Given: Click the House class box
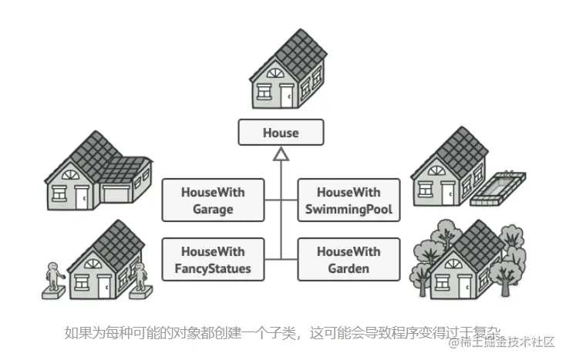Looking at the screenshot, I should (x=280, y=133).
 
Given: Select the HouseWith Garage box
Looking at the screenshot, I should (x=213, y=200).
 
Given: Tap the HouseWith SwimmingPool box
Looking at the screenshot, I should (x=349, y=200).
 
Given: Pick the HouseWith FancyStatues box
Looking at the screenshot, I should (x=213, y=260).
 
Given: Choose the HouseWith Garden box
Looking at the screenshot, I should (x=349, y=260).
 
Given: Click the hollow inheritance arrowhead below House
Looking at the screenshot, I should (x=281, y=157).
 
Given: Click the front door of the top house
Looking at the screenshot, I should (x=286, y=96).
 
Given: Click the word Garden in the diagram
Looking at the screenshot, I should (x=349, y=269).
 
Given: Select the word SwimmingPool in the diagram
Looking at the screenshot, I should (x=349, y=209).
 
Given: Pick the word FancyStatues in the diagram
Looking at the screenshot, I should (x=213, y=269).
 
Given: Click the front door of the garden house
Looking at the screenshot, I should (x=464, y=286).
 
